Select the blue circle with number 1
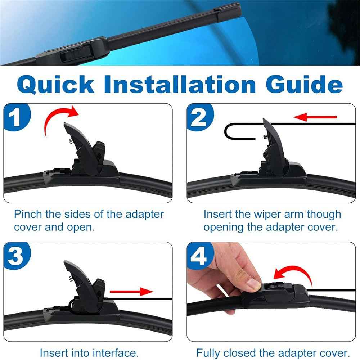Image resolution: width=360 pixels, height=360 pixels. [x=15, y=118]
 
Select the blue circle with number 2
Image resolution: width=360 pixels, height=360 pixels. [x=199, y=118]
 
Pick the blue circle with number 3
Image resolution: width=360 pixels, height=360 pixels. [x=15, y=257]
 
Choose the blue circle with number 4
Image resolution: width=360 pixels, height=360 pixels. [x=199, y=257]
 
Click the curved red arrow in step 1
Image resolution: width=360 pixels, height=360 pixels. [x=58, y=119]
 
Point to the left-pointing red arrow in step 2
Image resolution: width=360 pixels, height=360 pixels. [x=315, y=117]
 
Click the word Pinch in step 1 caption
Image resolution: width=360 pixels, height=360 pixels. [x=29, y=214]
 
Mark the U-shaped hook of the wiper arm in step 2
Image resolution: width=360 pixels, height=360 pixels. [x=238, y=131]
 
